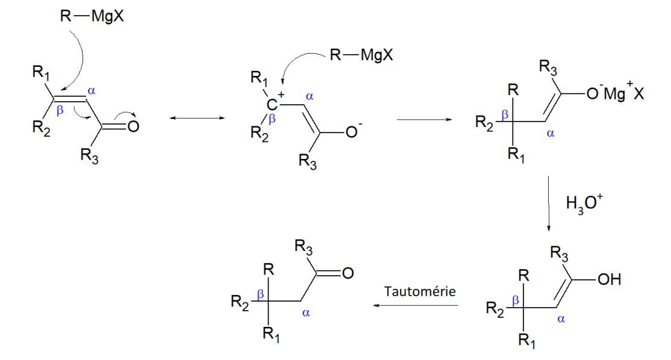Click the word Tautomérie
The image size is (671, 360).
[420, 291]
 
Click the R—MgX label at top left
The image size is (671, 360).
[92, 16]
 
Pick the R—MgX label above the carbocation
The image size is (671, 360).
[361, 56]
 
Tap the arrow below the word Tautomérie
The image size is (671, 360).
[416, 305]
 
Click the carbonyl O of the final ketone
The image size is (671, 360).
[347, 274]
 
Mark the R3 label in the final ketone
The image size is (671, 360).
[303, 247]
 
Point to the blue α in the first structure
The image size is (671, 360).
[92, 92]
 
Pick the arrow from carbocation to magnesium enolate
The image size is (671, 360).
[424, 119]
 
